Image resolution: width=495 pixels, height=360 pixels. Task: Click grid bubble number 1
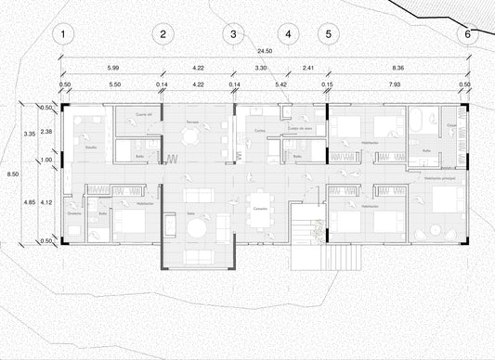(62, 35)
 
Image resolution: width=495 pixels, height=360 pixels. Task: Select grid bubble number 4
(288, 35)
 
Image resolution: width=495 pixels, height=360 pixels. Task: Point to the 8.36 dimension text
(397, 70)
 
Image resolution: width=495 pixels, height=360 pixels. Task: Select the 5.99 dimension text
(112, 70)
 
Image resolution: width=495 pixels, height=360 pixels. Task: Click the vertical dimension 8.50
(10, 174)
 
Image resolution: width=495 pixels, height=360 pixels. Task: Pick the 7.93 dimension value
(397, 85)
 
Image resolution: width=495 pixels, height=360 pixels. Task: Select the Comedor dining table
(262, 203)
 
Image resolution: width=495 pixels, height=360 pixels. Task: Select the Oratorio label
(74, 214)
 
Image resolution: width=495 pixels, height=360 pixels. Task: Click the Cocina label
(259, 132)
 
